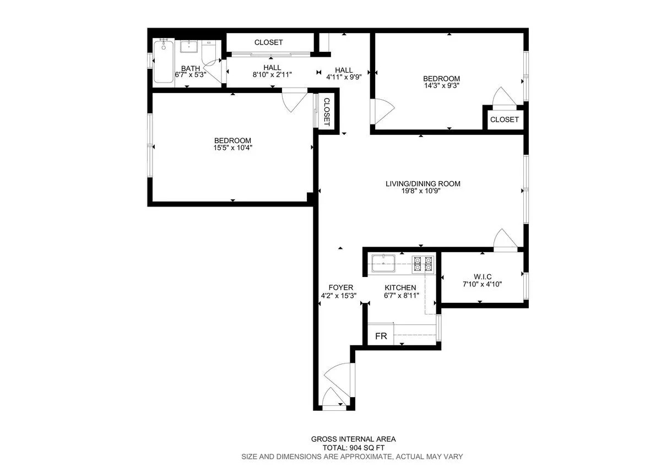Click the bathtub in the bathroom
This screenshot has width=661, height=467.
pos(164,62)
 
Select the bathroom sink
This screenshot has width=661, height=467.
pos(189,46)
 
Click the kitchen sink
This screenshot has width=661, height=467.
pos(384,264)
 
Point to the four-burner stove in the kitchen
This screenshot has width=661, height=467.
pos(424,264)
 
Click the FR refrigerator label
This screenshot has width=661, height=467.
pos(380,335)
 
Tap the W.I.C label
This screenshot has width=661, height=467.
pos(482,276)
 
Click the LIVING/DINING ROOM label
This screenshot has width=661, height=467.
pos(422,184)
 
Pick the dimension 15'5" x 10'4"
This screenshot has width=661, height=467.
pos(232,148)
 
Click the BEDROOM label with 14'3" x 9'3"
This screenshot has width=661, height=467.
pos(441,79)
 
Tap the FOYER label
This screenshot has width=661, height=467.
pos(340,287)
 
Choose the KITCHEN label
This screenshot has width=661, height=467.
pos(400,287)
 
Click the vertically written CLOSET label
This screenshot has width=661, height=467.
pos(326,112)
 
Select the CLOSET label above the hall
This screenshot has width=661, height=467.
pos(268,42)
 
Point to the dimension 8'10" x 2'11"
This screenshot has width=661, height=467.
pos(272,74)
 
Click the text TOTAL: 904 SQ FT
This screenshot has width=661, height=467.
pos(353,448)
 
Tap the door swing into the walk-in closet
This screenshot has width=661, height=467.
pos(504,240)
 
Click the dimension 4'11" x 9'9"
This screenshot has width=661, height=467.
pos(344,78)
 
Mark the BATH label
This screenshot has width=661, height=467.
pos(191,69)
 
